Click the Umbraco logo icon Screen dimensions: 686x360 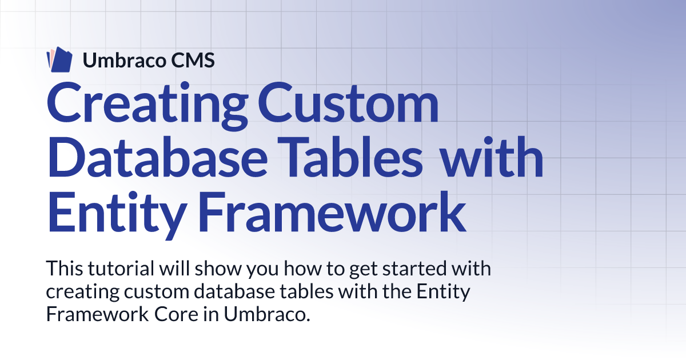pyautogui.click(x=59, y=59)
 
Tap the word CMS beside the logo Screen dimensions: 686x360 pyautogui.click(x=193, y=61)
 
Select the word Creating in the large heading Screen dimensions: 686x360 pyautogui.click(x=147, y=104)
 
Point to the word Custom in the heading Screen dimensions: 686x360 pyautogui.click(x=349, y=102)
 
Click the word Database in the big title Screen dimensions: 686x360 pyautogui.click(x=157, y=157)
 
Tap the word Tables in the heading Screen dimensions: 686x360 pyautogui.click(x=350, y=157)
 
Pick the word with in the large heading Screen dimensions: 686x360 pyautogui.click(x=492, y=157)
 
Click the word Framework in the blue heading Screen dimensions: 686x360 pyautogui.click(x=333, y=212)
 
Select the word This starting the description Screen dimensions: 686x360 pyautogui.click(x=65, y=268)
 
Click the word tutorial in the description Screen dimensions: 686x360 pyautogui.click(x=121, y=268)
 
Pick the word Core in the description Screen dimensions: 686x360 pyautogui.click(x=176, y=314)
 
